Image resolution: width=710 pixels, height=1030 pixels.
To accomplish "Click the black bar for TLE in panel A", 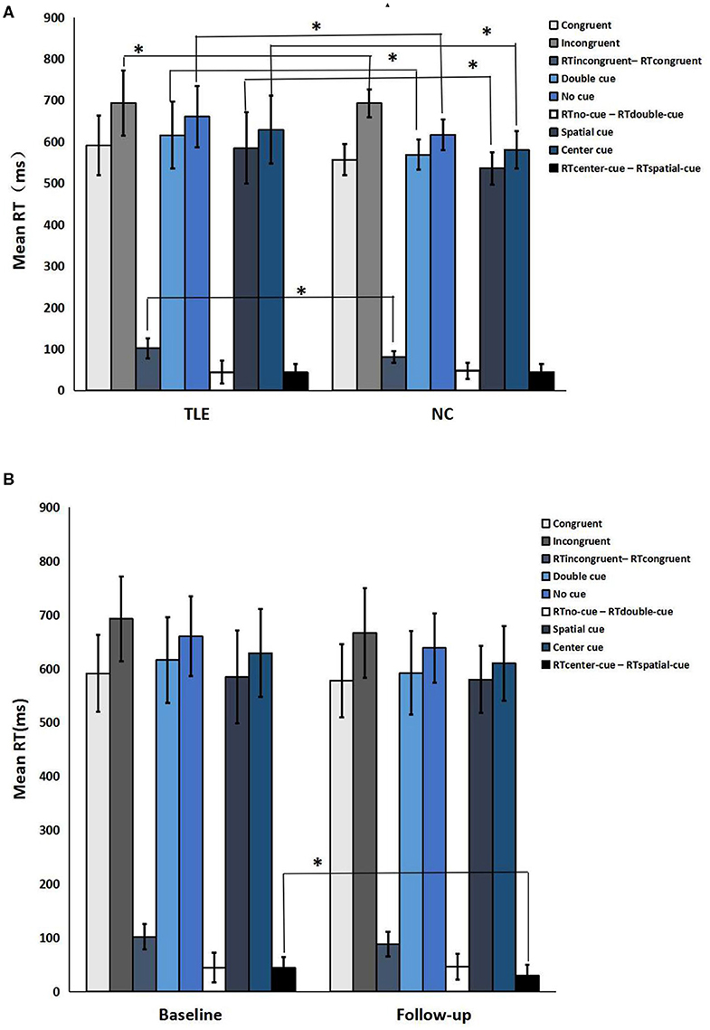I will (296, 381).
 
